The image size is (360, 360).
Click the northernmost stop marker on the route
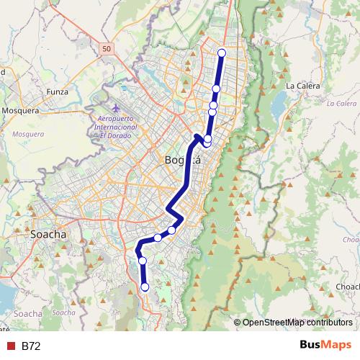pos(222,52)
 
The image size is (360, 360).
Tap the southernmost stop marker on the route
pos(145,287)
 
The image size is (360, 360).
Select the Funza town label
pos(57,91)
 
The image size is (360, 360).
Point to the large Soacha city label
pos(49,234)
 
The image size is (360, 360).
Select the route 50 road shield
pos(107,48)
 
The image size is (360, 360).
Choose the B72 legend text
pos(31,346)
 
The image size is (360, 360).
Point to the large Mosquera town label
pos(24,111)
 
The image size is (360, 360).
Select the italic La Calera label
pos(341,103)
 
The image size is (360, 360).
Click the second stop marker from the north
pos(216,89)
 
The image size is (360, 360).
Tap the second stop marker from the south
pos(143,261)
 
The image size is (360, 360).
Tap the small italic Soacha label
pos(64,312)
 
